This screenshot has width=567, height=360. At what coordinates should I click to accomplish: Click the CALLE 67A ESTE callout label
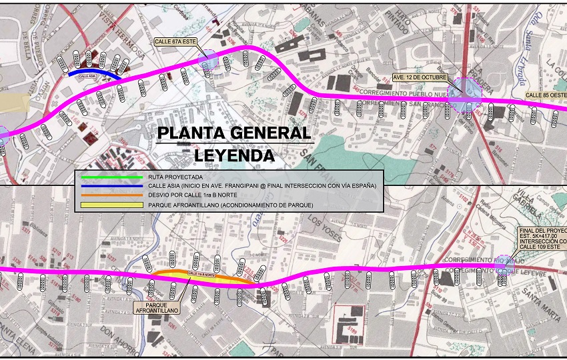[175, 41]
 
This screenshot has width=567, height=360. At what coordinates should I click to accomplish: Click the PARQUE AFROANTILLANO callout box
[161, 307]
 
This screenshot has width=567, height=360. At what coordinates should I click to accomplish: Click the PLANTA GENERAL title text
[234, 133]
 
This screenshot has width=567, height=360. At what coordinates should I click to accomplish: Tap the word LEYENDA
[234, 155]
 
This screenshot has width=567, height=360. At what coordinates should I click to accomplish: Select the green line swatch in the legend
[111, 177]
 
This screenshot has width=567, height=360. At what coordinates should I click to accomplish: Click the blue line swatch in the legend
[111, 185]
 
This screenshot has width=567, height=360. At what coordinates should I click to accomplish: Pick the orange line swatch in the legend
[111, 195]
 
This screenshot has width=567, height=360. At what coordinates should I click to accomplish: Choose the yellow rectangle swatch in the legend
[111, 204]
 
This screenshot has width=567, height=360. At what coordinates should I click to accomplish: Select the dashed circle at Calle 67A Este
[209, 59]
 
